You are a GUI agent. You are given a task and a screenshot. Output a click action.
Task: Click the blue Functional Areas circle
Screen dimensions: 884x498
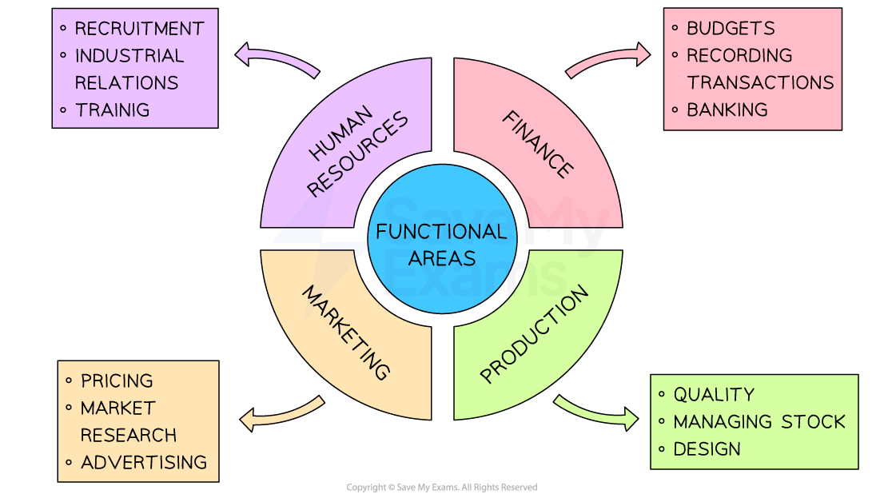tap(442, 239)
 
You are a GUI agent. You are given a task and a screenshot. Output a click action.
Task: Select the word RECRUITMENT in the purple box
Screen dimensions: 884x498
tap(139, 29)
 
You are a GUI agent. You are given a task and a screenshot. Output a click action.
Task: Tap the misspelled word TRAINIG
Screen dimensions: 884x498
tap(112, 110)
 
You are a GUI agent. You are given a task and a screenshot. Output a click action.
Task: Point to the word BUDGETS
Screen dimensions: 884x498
tap(731, 28)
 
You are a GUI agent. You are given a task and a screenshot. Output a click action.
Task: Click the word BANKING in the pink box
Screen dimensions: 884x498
tap(727, 110)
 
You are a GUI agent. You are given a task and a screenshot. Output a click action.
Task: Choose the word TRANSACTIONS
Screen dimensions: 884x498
tap(760, 82)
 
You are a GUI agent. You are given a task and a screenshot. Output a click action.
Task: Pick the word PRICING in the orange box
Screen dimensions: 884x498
tap(117, 380)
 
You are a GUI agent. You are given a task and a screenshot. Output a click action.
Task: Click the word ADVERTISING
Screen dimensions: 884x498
tap(144, 463)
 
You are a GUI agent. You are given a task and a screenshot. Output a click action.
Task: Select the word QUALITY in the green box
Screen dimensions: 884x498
tap(714, 395)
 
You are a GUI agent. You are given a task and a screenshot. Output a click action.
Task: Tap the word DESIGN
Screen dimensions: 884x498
tap(707, 449)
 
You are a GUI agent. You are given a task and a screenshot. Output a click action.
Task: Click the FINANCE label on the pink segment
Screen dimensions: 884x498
tap(538, 145)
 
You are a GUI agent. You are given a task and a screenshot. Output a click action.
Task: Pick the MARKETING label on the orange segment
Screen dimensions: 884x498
tap(346, 333)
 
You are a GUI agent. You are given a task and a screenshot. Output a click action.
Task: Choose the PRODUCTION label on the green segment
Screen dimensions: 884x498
tap(534, 334)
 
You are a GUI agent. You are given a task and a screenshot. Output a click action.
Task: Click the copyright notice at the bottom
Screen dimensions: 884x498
tap(442, 488)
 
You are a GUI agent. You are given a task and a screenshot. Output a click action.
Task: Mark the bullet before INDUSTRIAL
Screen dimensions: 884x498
tap(63, 55)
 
